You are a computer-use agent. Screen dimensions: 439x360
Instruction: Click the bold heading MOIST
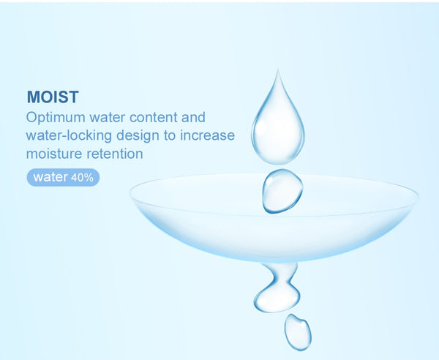pyautogui.click(x=53, y=97)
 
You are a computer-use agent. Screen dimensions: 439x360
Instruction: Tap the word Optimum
pyautogui.click(x=56, y=118)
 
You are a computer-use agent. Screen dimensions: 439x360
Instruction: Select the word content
pyautogui.click(x=154, y=117)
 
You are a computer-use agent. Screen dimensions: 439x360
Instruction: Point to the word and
pyautogui.click(x=193, y=117)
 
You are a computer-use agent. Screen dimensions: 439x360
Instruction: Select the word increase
pyautogui.click(x=207, y=135)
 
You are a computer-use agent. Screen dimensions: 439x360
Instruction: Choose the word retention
pyautogui.click(x=115, y=154)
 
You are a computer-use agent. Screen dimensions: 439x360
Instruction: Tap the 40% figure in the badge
pyautogui.click(x=82, y=178)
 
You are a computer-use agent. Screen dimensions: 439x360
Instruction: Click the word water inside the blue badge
pyautogui.click(x=50, y=177)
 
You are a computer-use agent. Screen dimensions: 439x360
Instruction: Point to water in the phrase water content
pyautogui.click(x=107, y=118)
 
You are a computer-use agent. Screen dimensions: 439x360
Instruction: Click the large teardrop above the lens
pyautogui.click(x=278, y=126)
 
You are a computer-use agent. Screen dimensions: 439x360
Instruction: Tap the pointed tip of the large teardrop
pyautogui.click(x=278, y=70)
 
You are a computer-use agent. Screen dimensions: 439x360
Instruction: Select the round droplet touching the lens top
pyautogui.click(x=282, y=191)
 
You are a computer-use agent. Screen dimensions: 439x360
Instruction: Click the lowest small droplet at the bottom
pyautogui.click(x=298, y=332)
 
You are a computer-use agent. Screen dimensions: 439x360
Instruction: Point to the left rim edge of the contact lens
pyautogui.click(x=130, y=192)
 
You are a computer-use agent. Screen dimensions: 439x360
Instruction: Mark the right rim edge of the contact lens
pyautogui.click(x=418, y=197)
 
